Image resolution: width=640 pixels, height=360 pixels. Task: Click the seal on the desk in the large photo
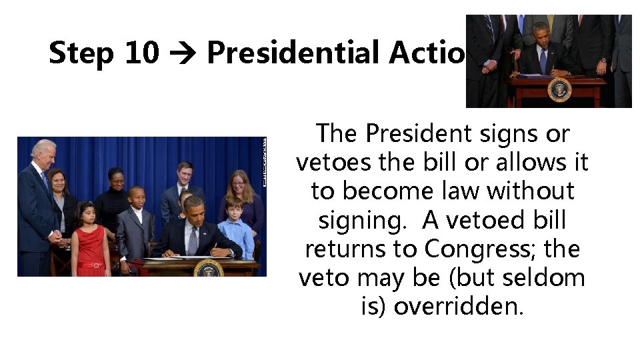point(209,267)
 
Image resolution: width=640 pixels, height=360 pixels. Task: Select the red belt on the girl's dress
point(91,264)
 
